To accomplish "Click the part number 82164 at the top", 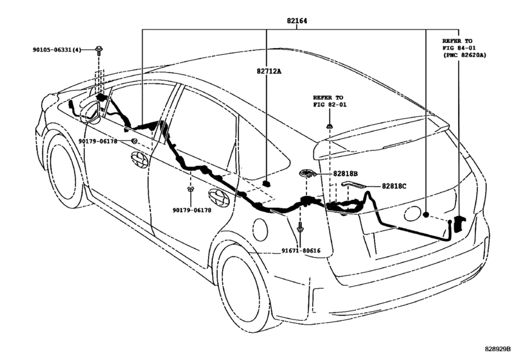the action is coord(297,21).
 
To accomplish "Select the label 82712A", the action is coord(269,71).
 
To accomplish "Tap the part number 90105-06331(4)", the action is coord(57,50).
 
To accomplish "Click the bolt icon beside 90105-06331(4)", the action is coord(99,51).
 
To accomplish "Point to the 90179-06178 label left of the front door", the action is coord(98,141).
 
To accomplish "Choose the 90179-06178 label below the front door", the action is coord(191,210).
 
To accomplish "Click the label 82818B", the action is coord(345,174).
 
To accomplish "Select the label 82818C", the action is coord(394,186).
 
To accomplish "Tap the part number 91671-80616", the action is coord(301,251).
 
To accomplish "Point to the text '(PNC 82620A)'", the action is coord(464,55).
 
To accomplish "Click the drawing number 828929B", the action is coord(497,349).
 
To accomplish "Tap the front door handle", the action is coord(139,160).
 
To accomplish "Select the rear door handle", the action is coord(219,197).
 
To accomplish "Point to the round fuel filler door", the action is coord(260,230).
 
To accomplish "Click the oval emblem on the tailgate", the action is coord(413,213).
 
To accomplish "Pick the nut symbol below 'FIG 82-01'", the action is coord(330,126).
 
